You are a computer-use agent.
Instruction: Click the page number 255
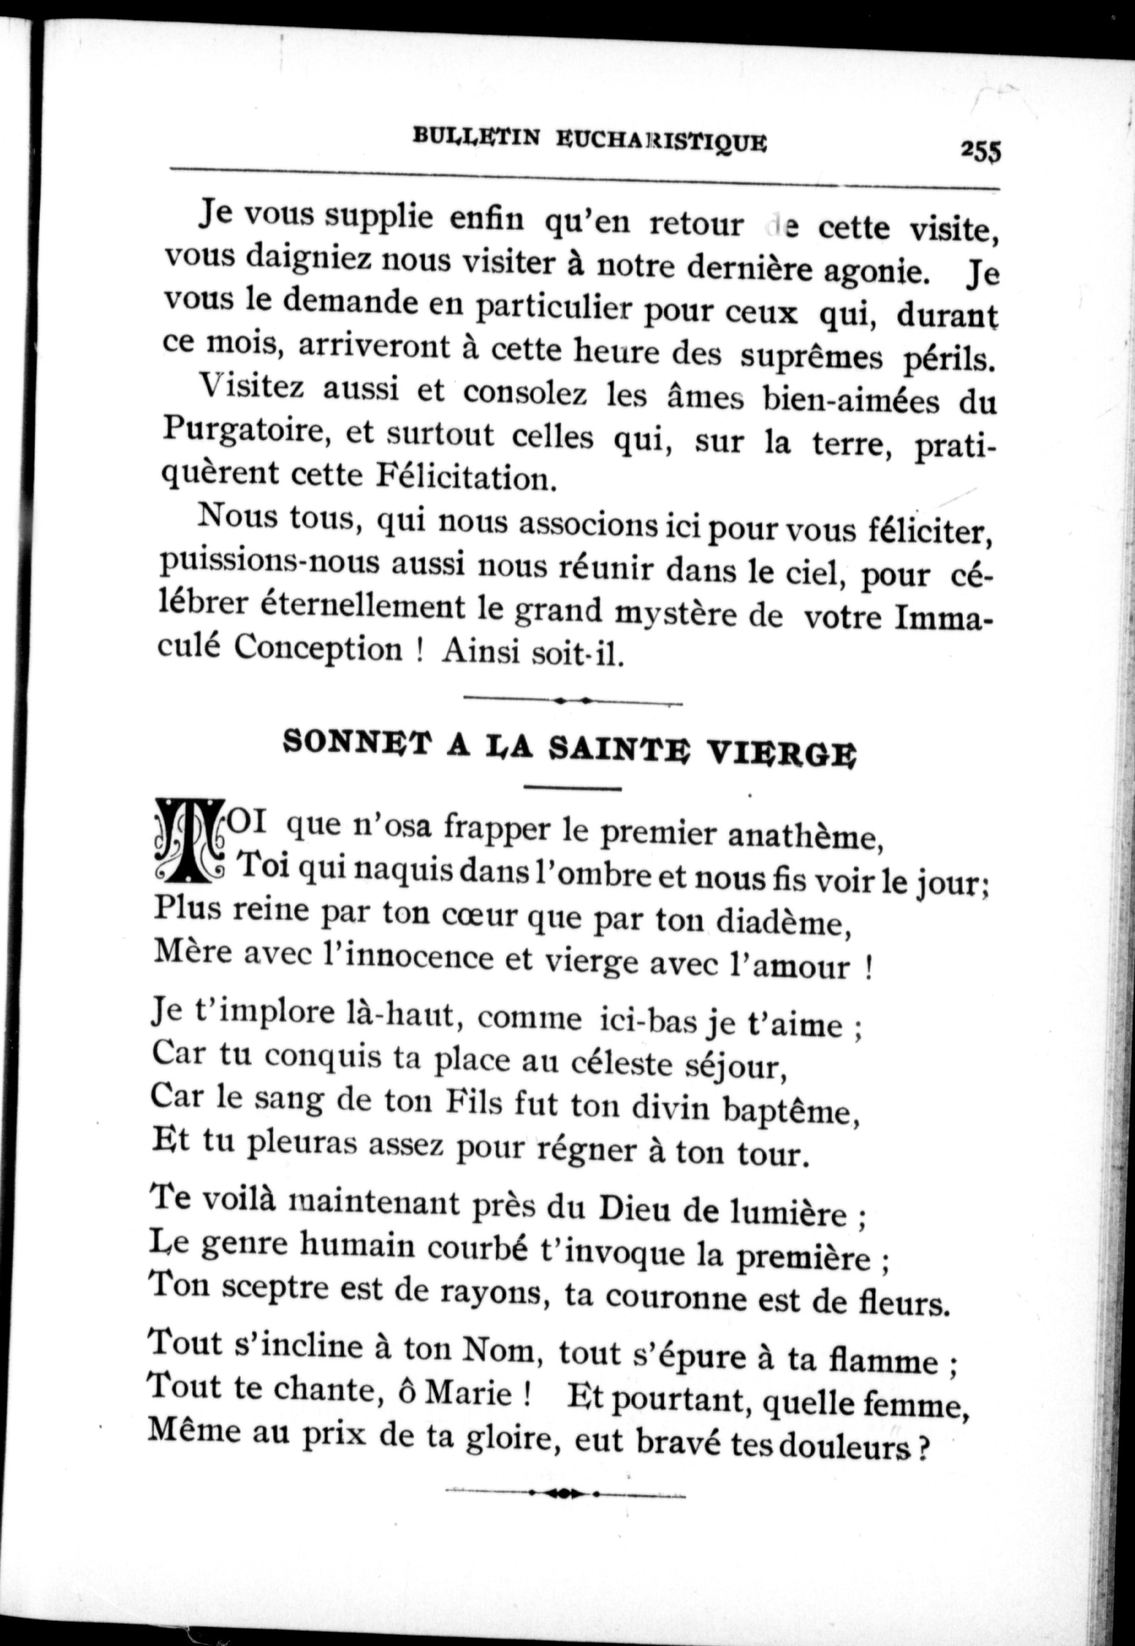[x=979, y=152]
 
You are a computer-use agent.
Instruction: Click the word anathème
[x=804, y=837]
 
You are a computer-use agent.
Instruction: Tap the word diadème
[x=783, y=923]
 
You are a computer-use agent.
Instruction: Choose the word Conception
[x=318, y=648]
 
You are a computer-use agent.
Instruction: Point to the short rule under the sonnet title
[x=572, y=788]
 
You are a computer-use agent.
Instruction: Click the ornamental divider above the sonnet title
[x=572, y=701]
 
